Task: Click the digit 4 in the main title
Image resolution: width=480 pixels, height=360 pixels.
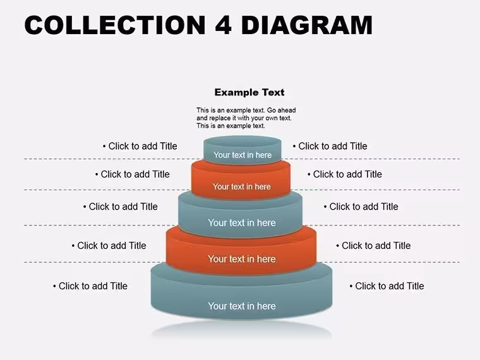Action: point(223,25)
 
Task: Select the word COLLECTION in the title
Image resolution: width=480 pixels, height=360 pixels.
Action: point(115,25)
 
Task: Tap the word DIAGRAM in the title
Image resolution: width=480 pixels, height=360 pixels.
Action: point(307,25)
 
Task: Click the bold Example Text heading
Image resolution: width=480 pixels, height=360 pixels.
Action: point(249,92)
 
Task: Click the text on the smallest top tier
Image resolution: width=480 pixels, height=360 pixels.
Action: point(243,155)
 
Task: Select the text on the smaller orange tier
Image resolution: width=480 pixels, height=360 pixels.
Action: point(242,186)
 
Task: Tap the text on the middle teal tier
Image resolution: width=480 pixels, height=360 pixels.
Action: point(242,222)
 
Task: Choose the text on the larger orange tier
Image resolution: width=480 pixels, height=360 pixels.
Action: point(242,259)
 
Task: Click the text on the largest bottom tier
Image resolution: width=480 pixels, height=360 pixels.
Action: point(242,306)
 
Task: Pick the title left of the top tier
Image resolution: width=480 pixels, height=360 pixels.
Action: point(140,146)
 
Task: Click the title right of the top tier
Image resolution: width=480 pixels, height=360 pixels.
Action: point(330,146)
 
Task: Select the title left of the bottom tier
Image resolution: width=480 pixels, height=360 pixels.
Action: point(90,286)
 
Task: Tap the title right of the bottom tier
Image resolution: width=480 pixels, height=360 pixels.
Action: point(387,286)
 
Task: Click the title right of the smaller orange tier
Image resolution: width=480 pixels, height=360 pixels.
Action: point(345,174)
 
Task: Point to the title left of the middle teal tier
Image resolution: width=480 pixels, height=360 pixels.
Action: point(120,207)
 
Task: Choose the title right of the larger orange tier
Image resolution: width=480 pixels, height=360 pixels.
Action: point(373,246)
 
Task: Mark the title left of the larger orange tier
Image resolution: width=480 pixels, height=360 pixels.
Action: point(109,246)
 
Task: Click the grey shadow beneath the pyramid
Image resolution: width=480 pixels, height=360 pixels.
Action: point(242,330)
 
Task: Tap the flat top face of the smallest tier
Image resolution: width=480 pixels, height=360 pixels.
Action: point(242,141)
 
